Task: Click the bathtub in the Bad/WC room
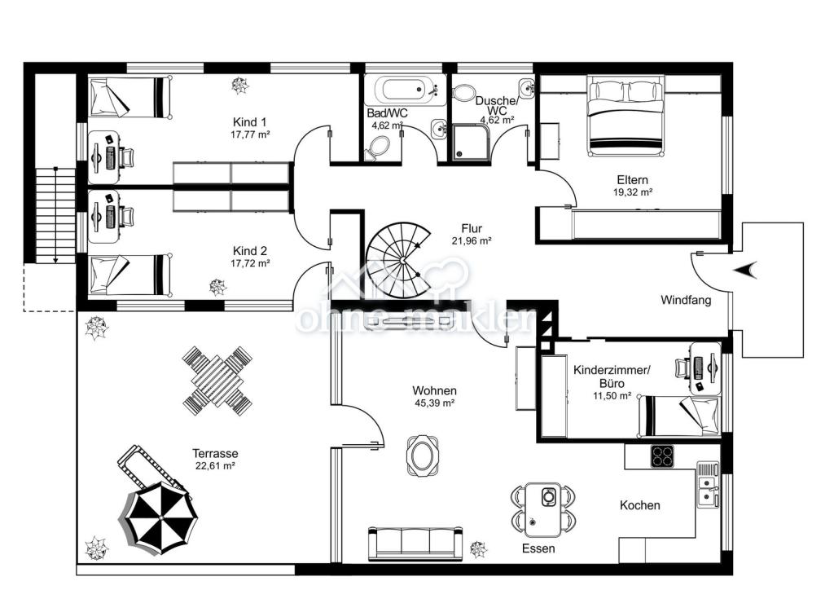[406, 90]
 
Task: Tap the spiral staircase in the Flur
[399, 260]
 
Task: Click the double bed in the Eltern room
[626, 117]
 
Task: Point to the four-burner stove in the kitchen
[663, 456]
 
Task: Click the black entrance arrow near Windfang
[745, 270]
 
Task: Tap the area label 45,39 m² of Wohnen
[434, 403]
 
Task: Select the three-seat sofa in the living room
[416, 542]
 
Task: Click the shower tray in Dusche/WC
[472, 142]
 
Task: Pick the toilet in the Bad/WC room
[378, 147]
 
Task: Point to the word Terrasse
[215, 454]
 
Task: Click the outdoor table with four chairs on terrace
[217, 381]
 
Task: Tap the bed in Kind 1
[130, 98]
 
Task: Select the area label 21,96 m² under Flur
[472, 240]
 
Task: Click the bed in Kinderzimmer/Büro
[679, 416]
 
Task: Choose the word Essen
[538, 548]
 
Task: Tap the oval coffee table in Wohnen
[423, 455]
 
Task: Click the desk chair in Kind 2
[126, 217]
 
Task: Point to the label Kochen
[640, 505]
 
